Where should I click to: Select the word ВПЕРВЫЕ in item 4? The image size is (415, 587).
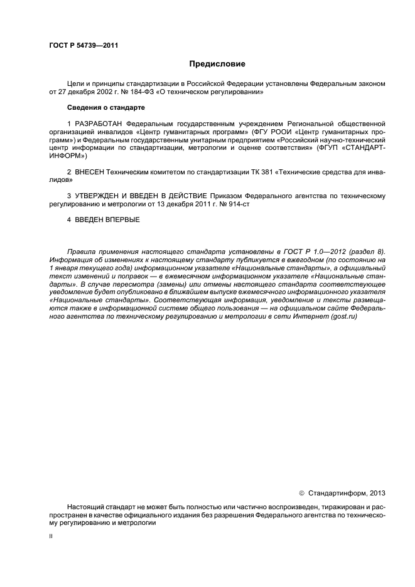tap(122, 219)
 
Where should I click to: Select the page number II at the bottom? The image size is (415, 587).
tap(51, 537)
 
